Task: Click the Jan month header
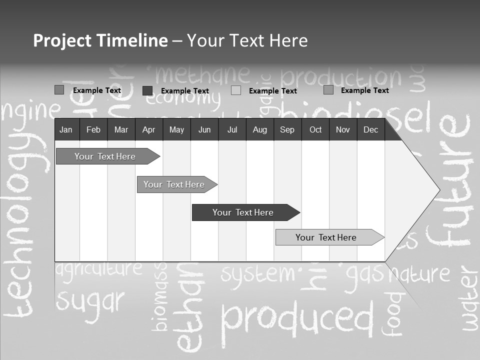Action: (66, 129)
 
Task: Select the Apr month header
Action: (148, 129)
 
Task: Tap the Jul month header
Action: (232, 129)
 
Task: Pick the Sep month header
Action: (287, 129)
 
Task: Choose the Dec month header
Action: (370, 129)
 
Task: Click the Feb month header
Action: (93, 129)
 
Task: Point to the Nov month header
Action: (342, 129)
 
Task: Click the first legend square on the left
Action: (59, 90)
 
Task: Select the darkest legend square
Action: (147, 90)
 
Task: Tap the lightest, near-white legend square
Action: (236, 90)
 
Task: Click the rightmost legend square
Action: (328, 90)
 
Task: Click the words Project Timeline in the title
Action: (100, 40)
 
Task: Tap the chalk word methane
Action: (202, 75)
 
